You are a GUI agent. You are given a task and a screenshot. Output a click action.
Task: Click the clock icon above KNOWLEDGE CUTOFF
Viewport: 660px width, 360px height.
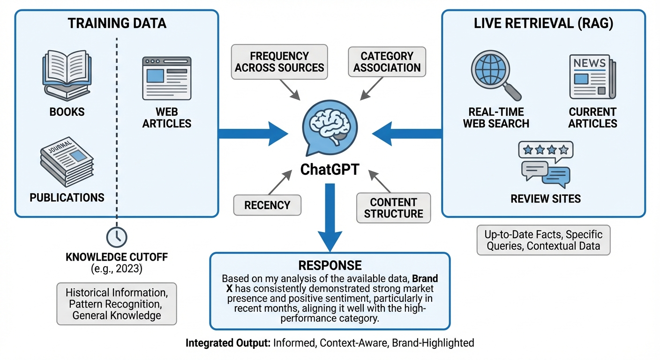117,237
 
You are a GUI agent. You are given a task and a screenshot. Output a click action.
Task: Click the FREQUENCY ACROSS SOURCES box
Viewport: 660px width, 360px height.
279,62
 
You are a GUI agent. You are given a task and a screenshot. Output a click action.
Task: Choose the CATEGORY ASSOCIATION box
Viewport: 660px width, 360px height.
387,62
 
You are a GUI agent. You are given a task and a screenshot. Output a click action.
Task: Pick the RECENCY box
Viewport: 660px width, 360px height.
267,205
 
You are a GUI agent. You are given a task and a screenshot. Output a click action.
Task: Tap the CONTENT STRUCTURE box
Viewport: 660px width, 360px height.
393,208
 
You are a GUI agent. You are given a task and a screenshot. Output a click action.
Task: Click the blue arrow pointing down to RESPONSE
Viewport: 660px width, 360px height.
330,218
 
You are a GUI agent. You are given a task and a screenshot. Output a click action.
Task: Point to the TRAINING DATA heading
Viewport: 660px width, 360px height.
117,23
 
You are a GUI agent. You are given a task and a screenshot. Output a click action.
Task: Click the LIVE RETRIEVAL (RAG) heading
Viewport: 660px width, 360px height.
543,23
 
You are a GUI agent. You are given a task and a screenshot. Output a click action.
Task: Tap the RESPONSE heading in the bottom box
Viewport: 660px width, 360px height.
330,264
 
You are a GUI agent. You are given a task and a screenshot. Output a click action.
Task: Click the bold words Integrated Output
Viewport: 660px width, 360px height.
228,343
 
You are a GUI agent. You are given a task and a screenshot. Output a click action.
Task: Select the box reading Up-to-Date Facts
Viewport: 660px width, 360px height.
543,240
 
